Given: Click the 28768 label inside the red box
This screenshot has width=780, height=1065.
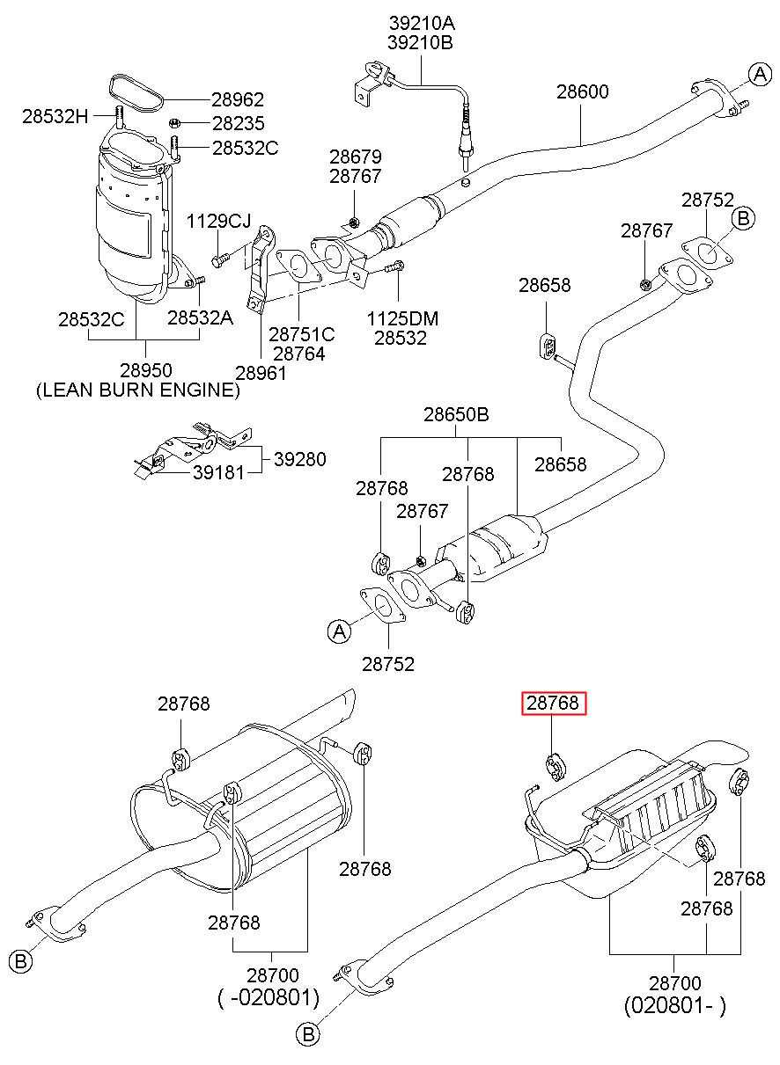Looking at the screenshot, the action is click(553, 704).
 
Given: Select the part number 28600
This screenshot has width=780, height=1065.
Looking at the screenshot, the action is click(583, 91).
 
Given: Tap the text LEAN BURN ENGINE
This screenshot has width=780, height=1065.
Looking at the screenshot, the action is click(138, 390).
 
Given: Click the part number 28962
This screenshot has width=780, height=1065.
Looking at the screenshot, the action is click(238, 99).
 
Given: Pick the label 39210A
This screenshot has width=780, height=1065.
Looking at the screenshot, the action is click(421, 23).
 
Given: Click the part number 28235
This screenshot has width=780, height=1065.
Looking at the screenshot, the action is click(238, 124).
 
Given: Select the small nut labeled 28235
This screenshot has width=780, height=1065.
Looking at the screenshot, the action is click(173, 124).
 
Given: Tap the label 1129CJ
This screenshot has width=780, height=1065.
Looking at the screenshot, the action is click(218, 221).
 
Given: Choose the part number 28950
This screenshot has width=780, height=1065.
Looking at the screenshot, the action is click(145, 370).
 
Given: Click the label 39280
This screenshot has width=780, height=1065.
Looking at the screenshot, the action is click(300, 459).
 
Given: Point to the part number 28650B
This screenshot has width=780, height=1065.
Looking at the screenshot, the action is click(456, 414).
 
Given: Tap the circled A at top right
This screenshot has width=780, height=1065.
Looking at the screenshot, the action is click(760, 75).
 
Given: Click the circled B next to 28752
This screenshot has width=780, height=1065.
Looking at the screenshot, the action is click(743, 218).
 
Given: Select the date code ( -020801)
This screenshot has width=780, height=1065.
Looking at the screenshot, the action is click(269, 998).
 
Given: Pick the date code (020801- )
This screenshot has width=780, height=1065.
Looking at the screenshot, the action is click(675, 1005).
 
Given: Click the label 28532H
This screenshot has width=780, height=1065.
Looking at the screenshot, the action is click(55, 116).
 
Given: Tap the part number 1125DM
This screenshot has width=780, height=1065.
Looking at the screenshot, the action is click(402, 319).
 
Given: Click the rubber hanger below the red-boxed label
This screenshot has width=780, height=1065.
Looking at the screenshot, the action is click(555, 768).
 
